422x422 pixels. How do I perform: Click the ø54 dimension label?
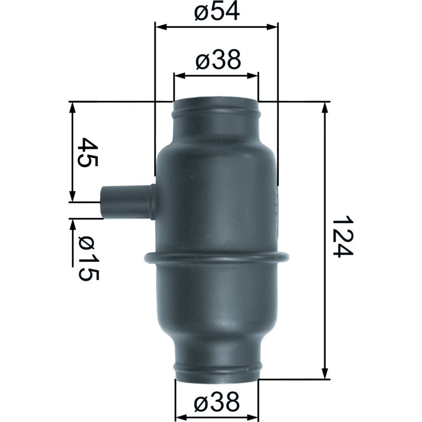coord(217,12)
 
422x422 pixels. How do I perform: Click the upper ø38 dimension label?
coord(218,60)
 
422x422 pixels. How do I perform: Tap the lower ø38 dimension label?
coord(217,402)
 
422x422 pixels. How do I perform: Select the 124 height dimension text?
coord(342,236)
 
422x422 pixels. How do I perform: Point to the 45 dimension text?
coord(88,152)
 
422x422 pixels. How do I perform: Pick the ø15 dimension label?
coord(88,258)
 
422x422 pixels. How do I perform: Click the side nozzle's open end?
coord(103,203)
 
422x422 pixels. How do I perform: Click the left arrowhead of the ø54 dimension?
coord(162,27)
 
